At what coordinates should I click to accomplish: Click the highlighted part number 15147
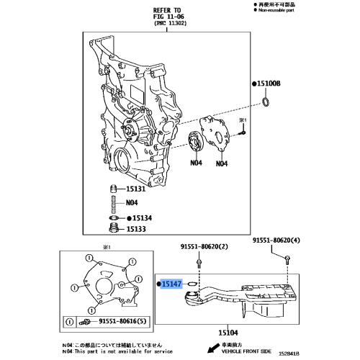pyautogui.click(x=171, y=285)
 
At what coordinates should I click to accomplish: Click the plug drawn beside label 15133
pyautogui.click(x=112, y=230)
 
